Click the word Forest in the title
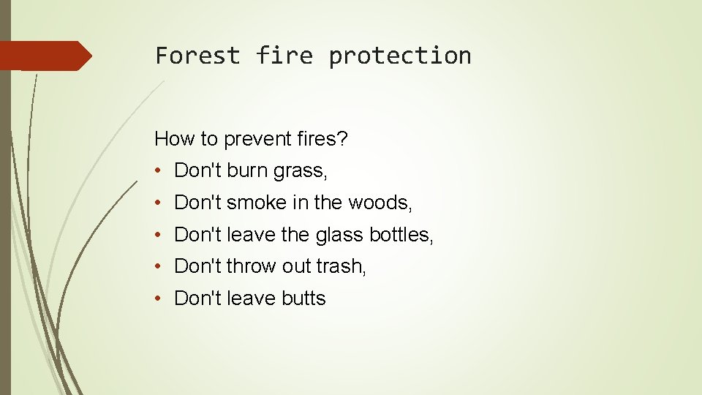point(197,56)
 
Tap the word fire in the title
point(284,56)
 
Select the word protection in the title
point(400,56)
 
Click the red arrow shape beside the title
point(45,56)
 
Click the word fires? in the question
point(320,138)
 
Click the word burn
point(247,170)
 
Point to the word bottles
point(400,235)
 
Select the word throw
point(252,266)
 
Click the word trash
point(341,266)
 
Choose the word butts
point(301,298)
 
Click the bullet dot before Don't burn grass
point(159,171)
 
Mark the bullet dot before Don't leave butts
point(159,298)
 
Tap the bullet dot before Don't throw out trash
point(159,267)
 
